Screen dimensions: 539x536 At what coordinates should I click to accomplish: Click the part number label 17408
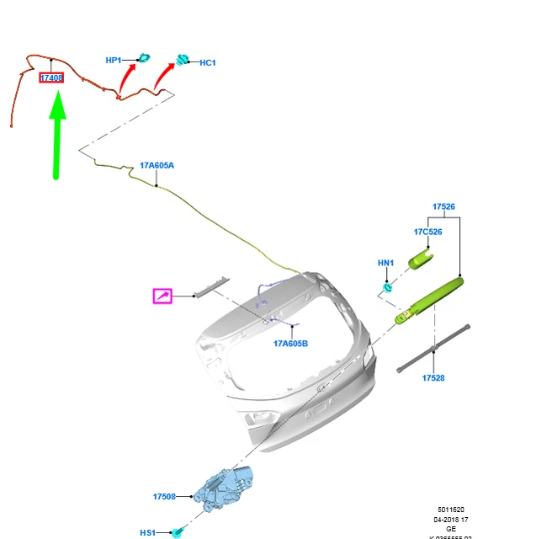(x=51, y=77)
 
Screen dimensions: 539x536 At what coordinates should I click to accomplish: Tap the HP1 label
(x=114, y=60)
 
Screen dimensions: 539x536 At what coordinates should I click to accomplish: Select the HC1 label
(x=208, y=62)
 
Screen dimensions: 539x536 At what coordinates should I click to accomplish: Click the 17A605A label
(x=157, y=165)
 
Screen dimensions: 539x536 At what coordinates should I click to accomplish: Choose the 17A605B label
(x=290, y=344)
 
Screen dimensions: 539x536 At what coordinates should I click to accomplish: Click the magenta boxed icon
(x=162, y=296)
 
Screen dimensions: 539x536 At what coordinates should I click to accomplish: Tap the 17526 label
(x=443, y=206)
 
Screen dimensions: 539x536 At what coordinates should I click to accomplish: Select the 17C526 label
(x=427, y=232)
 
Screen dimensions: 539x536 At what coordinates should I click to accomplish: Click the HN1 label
(x=385, y=263)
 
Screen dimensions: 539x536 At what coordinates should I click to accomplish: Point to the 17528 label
(x=433, y=378)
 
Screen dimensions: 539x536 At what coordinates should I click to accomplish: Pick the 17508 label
(x=164, y=497)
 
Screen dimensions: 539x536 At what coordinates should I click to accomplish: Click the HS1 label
(x=148, y=532)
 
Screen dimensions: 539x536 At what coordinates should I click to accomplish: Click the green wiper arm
(x=429, y=300)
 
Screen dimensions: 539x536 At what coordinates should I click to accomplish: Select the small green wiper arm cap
(x=421, y=257)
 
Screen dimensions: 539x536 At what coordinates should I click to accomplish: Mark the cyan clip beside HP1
(x=144, y=57)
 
